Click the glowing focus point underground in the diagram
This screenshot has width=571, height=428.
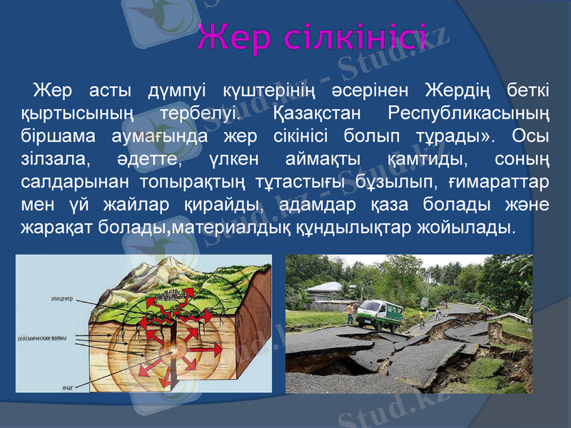click(x=173, y=352)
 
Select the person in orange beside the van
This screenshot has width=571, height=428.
click(x=350, y=312)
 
